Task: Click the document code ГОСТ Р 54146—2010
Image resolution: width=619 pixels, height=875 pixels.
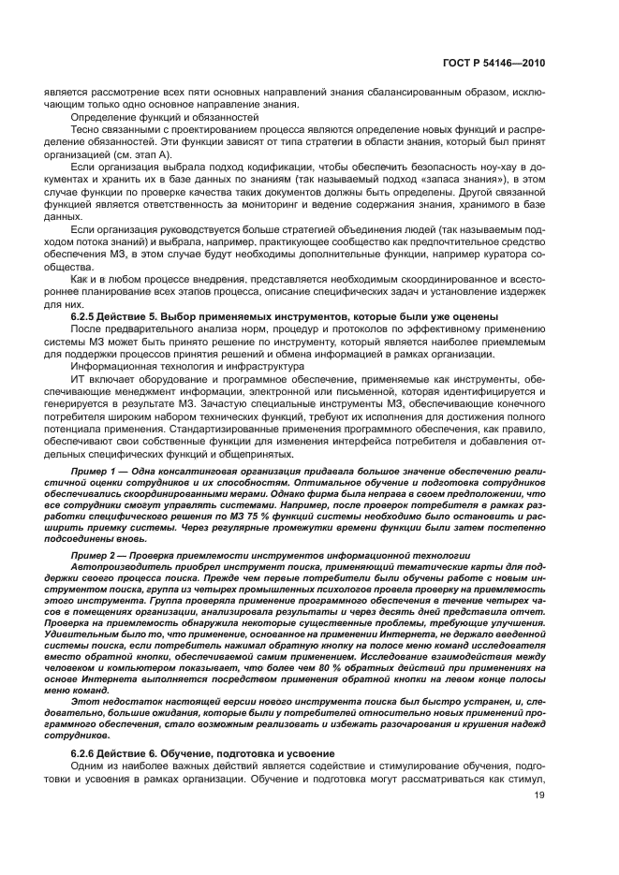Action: [x=494, y=63]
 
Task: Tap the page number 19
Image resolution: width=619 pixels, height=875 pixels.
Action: [x=539, y=795]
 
